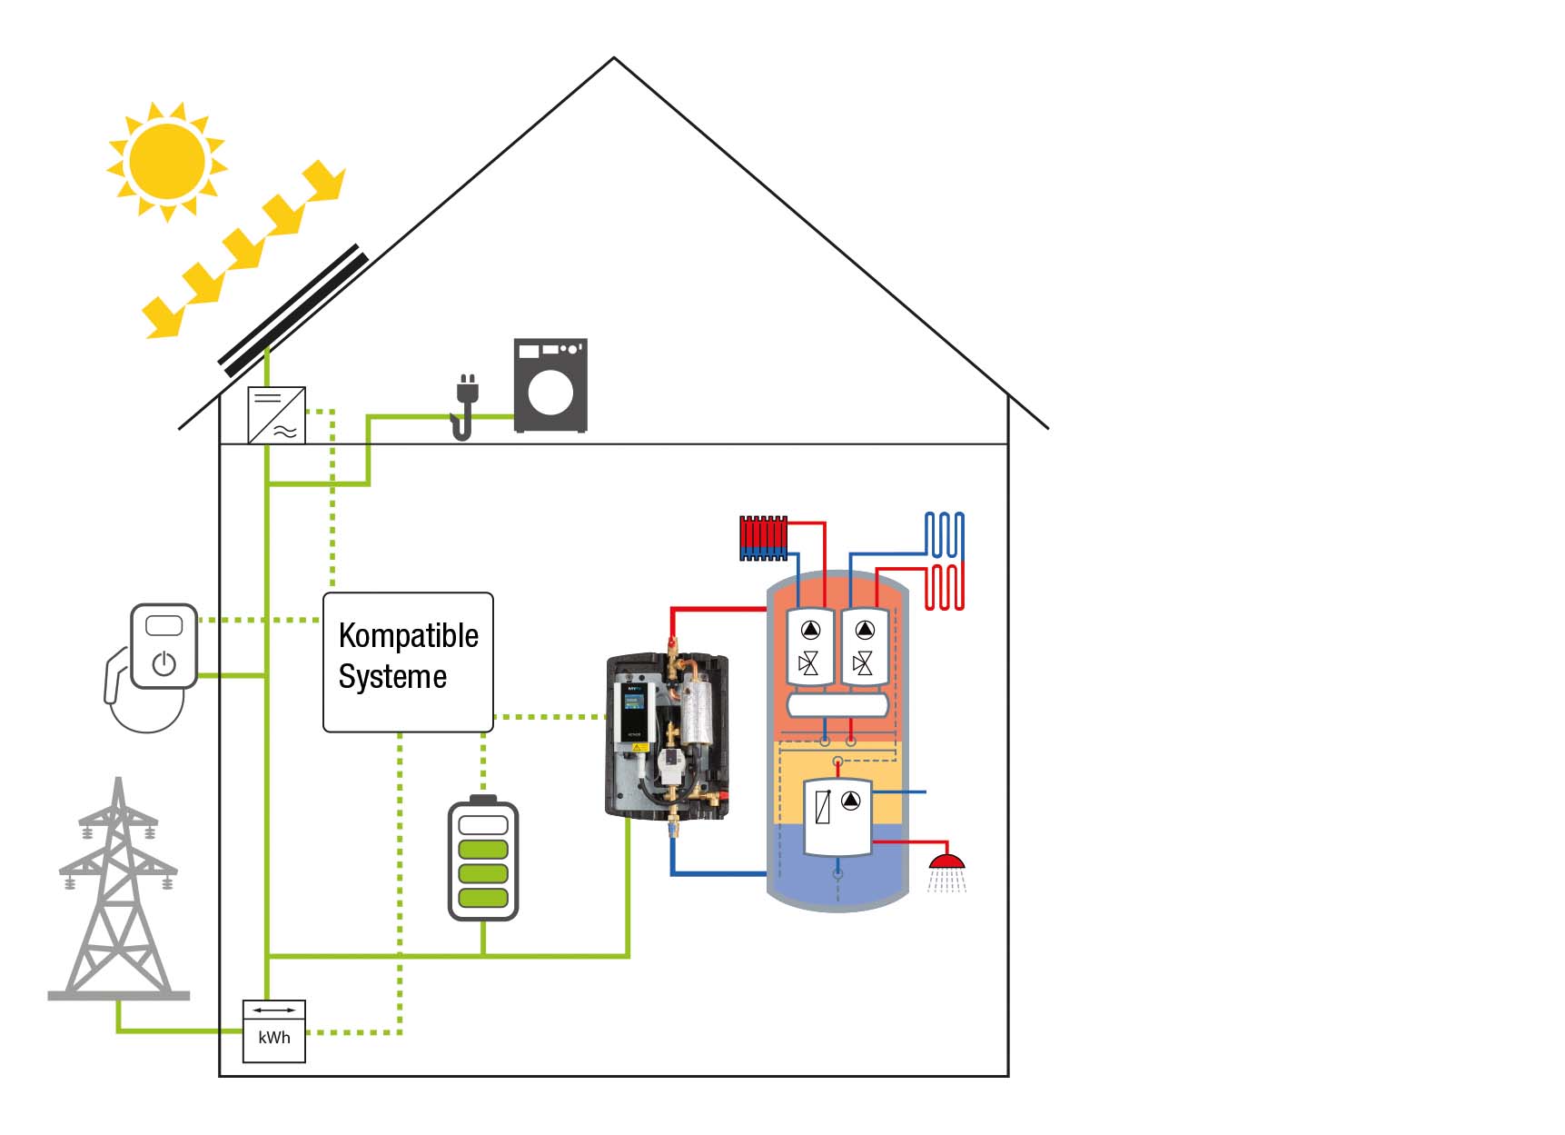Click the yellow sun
167,162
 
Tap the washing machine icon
550,385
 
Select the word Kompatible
408,635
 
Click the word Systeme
392,677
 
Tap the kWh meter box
274,1031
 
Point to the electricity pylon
118,895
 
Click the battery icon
483,858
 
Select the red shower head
946,861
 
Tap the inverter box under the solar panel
277,415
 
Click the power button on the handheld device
164,663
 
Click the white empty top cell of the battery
483,825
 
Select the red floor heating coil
945,587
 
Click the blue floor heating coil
945,534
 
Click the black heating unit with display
668,735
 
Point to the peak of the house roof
614,59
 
